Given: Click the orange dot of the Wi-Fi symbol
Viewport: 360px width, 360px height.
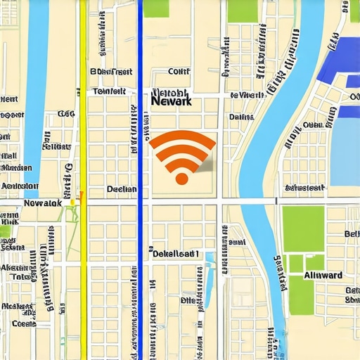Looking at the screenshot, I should (x=181, y=179).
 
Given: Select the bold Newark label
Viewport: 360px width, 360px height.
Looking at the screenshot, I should (x=171, y=101).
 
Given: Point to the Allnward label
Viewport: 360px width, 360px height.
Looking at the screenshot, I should (x=323, y=276).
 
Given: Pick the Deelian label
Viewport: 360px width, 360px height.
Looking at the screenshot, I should (x=121, y=188).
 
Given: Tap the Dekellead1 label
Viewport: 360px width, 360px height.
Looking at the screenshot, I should (x=176, y=253).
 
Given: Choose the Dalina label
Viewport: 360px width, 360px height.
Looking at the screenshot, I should (x=241, y=116).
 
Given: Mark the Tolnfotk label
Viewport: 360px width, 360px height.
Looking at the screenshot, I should (x=109, y=91).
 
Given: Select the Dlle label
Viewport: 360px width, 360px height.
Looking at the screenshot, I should (x=189, y=299).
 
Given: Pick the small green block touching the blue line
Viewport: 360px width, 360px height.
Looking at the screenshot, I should (x=155, y=8).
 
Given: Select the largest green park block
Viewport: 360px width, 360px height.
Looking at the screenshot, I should (x=303, y=229).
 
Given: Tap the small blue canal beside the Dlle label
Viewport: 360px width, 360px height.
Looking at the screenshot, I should (x=208, y=281).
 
